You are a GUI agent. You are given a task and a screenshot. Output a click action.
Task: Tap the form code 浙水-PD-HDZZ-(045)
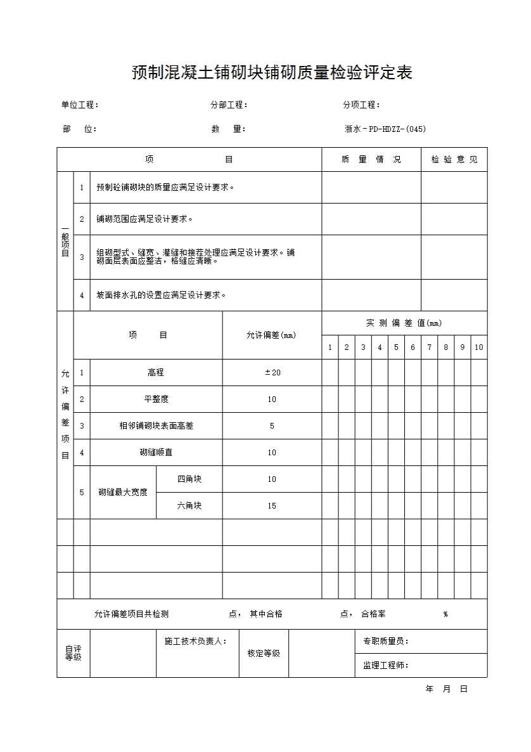point(385,129)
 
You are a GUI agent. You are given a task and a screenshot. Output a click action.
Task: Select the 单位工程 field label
point(79,105)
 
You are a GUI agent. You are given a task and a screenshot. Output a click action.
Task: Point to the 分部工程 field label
point(229,105)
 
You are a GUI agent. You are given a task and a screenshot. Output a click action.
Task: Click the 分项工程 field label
point(361,105)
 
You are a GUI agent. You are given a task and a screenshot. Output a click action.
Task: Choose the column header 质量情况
point(371,160)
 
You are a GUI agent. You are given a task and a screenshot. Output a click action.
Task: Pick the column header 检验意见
point(454,160)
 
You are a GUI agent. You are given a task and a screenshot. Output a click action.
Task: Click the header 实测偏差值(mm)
point(404,323)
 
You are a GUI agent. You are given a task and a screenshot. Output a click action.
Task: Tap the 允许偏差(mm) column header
point(271,335)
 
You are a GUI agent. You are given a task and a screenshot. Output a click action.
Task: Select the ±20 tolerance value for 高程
point(272,373)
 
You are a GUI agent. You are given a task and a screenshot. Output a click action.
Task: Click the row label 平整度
point(156,399)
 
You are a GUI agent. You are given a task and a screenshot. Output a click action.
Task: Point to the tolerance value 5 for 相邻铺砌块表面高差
point(272,426)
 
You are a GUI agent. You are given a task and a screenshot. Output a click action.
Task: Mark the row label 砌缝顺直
point(156,453)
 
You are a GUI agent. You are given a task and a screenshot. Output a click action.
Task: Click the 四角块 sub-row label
point(189,479)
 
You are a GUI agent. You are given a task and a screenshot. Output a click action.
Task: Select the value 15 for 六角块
point(272,506)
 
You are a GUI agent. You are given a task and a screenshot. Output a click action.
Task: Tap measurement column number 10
point(478,347)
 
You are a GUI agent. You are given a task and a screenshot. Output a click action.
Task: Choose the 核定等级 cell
point(264,654)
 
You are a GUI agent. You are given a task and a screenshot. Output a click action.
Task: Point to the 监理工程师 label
point(385,666)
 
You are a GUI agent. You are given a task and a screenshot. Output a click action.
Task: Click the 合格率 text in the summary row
point(373,614)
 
